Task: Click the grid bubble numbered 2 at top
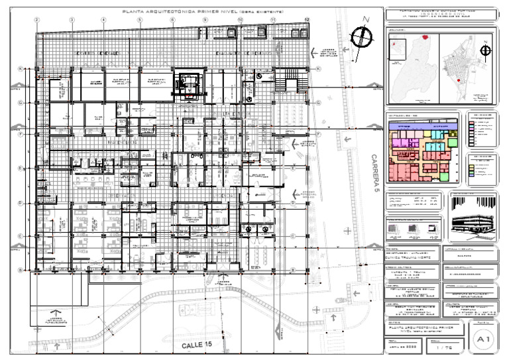[x=37, y=20]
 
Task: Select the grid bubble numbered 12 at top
[x=307, y=20]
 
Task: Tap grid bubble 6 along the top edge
[x=172, y=20]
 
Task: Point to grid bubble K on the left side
[x=21, y=68]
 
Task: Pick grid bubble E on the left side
[x=21, y=168]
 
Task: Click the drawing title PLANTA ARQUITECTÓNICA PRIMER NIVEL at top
[x=199, y=11]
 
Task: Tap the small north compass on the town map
[x=486, y=48]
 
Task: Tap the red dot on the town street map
[x=457, y=80]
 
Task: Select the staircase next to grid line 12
[x=289, y=84]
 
